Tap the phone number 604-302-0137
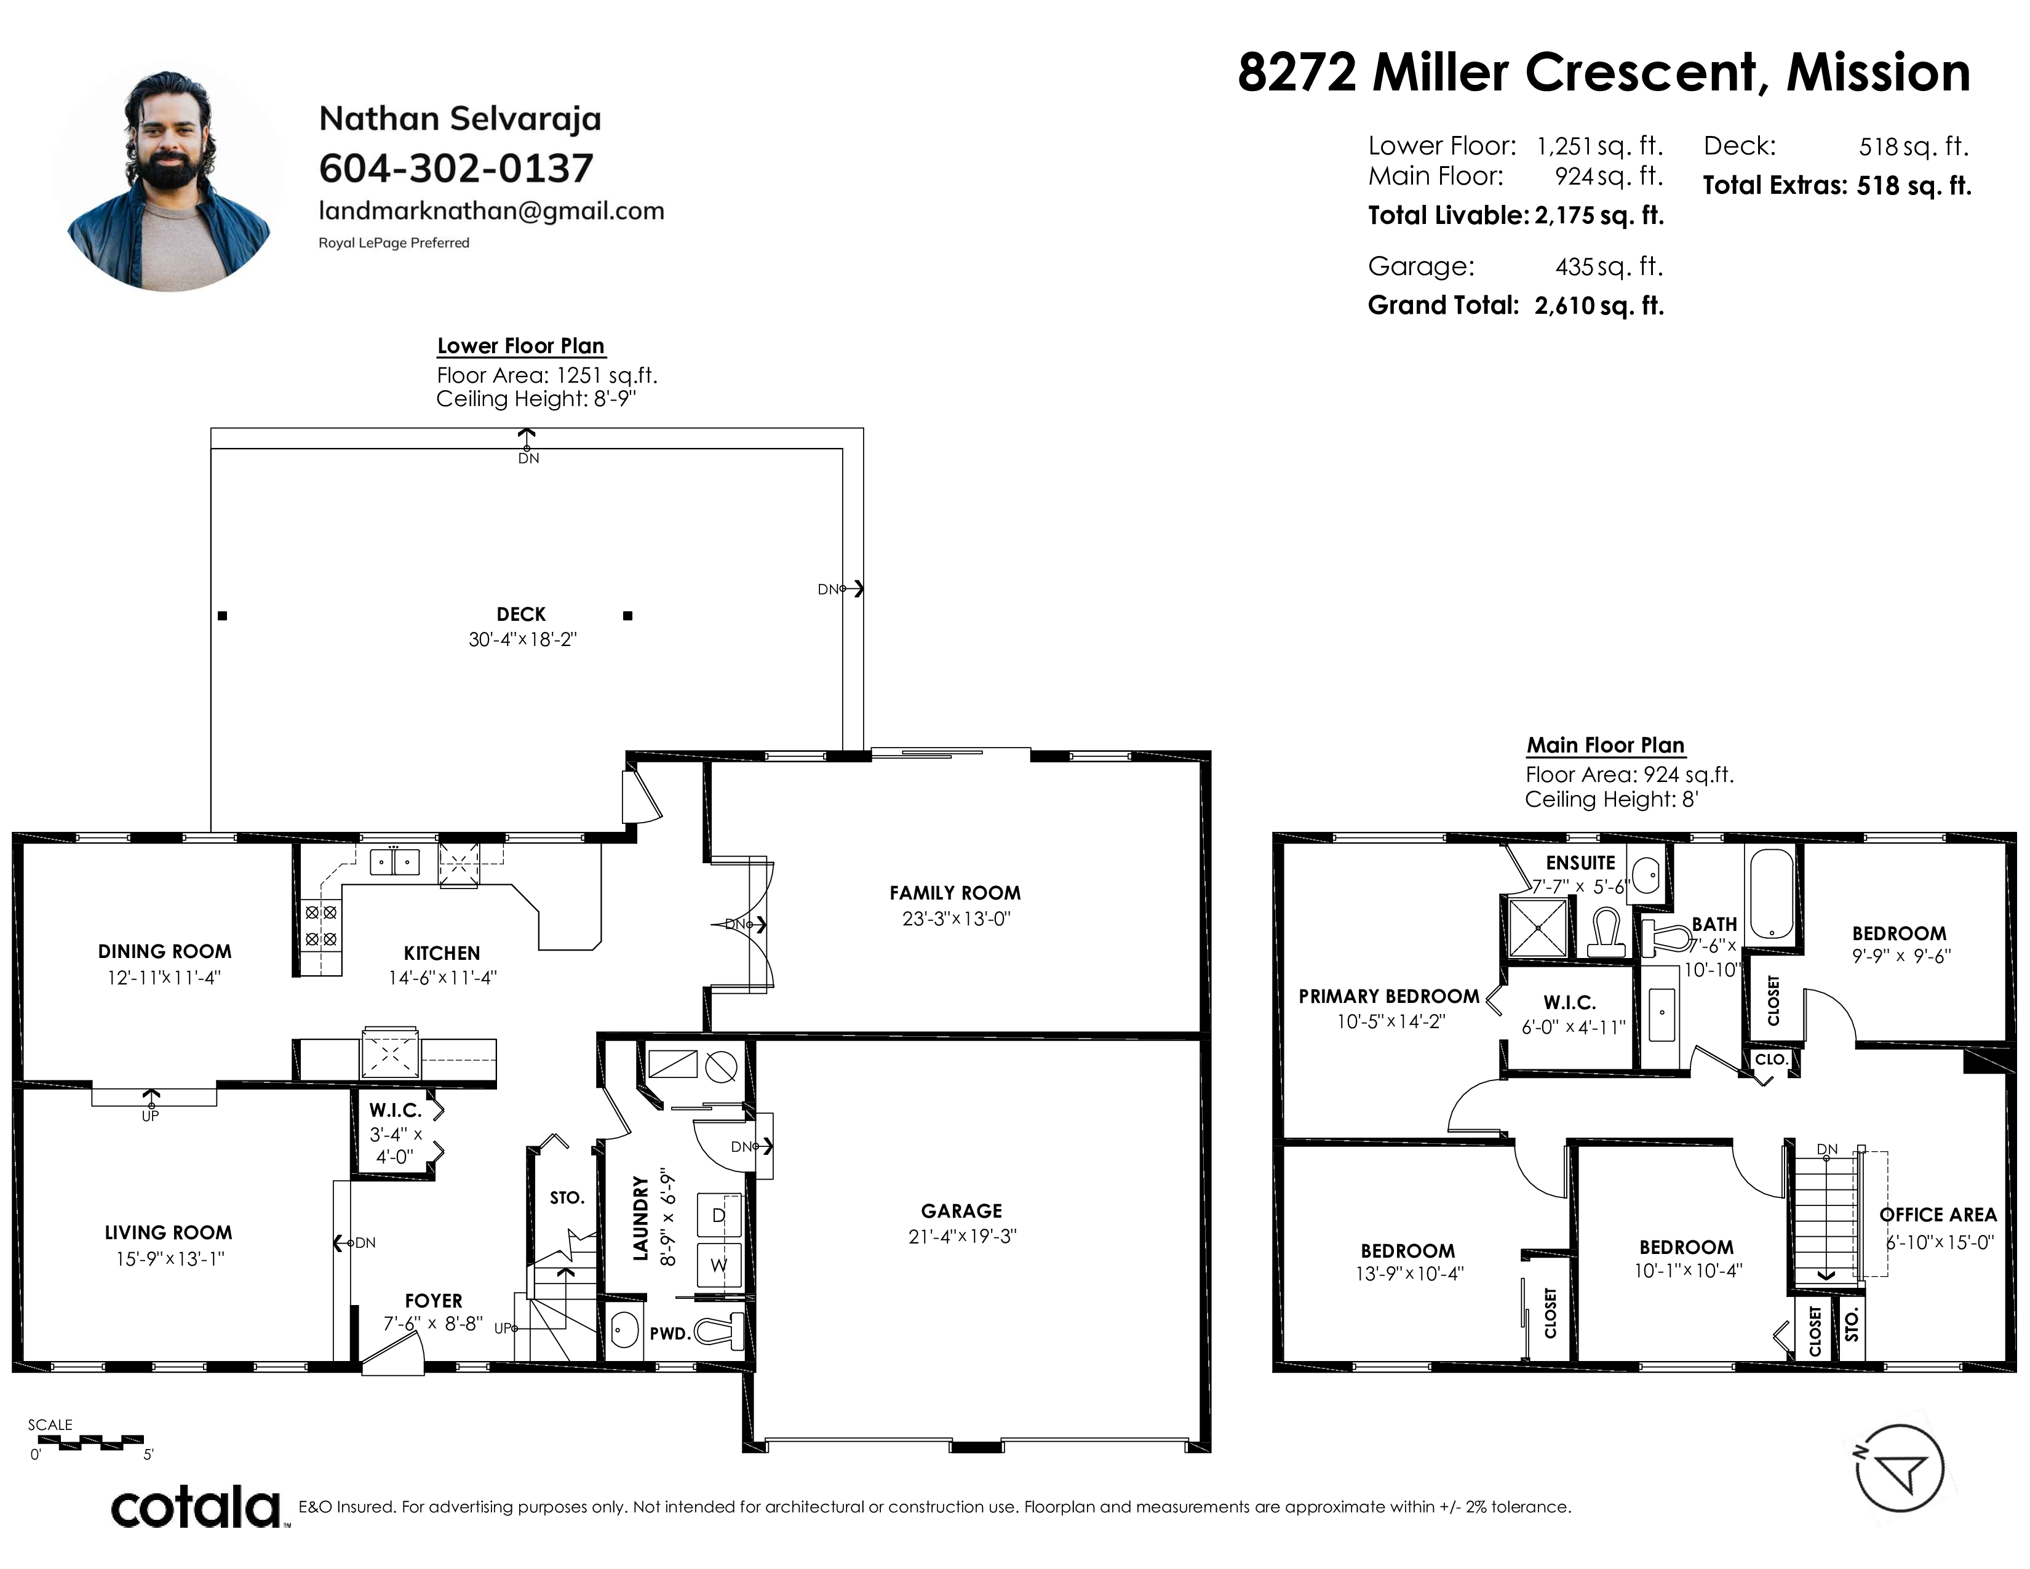(455, 168)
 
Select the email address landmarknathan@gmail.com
(492, 211)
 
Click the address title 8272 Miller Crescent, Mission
(1603, 73)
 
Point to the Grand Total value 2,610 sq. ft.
(1599, 306)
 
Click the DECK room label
(522, 615)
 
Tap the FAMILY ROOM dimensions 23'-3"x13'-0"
(955, 919)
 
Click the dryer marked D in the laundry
(718, 1216)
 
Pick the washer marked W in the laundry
(718, 1265)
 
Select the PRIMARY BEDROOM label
(1388, 996)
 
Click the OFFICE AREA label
(1938, 1215)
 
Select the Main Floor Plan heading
(1605, 746)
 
